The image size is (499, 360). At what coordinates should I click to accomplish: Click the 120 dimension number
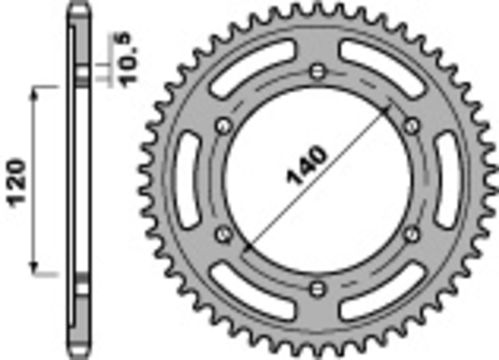coord(17,182)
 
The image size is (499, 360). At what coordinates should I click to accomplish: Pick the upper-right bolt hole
coord(411,126)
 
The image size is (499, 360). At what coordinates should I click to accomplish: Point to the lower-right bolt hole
coord(411,234)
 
